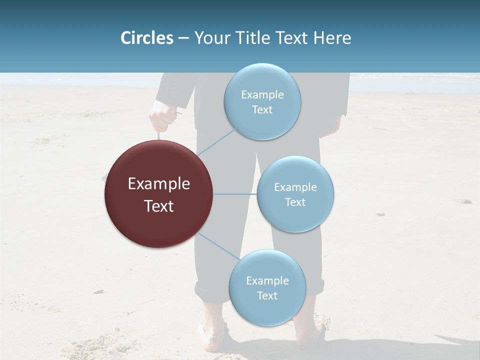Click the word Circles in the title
pyautogui.click(x=146, y=38)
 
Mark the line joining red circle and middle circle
pyautogui.click(x=235, y=194)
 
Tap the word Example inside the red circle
pyautogui.click(x=158, y=184)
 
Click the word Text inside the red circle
pyautogui.click(x=158, y=206)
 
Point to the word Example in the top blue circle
pyautogui.click(x=262, y=95)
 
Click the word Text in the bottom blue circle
pyautogui.click(x=267, y=295)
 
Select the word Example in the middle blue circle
pyautogui.click(x=295, y=187)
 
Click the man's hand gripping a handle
pyautogui.click(x=161, y=116)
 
